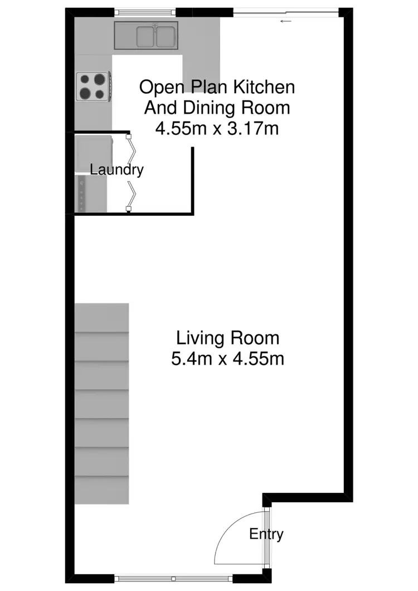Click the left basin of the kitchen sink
[x=145, y=37]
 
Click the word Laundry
[x=116, y=169]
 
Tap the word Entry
[x=266, y=534]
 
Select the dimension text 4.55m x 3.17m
[x=217, y=129]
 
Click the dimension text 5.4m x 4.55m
[x=227, y=359]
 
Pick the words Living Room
[x=227, y=338]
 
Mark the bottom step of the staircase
[x=102, y=490]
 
